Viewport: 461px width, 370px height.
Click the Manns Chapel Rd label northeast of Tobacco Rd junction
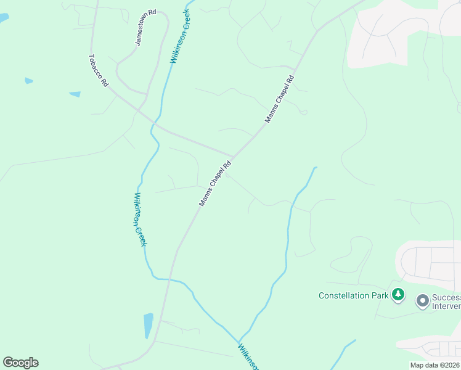pyautogui.click(x=280, y=99)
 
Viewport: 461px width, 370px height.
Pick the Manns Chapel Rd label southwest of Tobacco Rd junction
pyautogui.click(x=215, y=183)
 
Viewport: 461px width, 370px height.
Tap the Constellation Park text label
pyautogui.click(x=353, y=295)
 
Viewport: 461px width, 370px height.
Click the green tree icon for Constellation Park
pyautogui.click(x=399, y=295)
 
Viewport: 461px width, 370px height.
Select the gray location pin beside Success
pyautogui.click(x=422, y=301)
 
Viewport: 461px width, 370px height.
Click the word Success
pyautogui.click(x=446, y=297)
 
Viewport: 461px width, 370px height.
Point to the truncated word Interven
pyautogui.click(x=446, y=306)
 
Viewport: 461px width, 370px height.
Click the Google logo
pyautogui.click(x=20, y=363)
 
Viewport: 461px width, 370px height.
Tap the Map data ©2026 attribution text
pyautogui.click(x=434, y=365)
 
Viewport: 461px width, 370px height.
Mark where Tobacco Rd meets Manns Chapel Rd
pyautogui.click(x=233, y=157)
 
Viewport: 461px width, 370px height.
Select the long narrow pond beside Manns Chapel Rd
pyautogui.click(x=148, y=325)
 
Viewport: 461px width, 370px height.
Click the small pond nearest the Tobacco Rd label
pyautogui.click(x=75, y=94)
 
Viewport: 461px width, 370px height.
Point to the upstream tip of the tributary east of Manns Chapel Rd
pyautogui.click(x=316, y=168)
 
